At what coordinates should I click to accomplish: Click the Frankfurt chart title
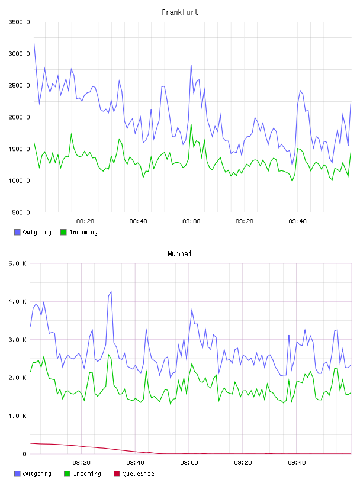(180, 12)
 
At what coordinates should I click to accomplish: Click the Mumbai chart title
(179, 254)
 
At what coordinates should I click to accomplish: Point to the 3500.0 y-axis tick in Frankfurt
(19, 22)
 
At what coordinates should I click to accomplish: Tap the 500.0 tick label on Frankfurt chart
(21, 212)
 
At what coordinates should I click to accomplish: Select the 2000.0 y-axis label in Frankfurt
(19, 117)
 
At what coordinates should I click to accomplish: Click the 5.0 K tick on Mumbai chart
(18, 263)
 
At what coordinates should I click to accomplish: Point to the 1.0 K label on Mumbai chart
(18, 416)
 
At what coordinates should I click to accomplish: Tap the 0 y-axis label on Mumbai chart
(24, 454)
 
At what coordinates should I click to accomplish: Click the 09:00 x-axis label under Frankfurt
(191, 221)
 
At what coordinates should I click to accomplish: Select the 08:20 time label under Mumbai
(81, 463)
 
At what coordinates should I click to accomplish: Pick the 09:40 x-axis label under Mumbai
(297, 463)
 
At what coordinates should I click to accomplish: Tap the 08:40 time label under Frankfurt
(138, 221)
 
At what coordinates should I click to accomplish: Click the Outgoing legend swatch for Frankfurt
(17, 232)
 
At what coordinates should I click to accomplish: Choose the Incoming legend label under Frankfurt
(83, 233)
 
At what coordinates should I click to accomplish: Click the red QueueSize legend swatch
(117, 474)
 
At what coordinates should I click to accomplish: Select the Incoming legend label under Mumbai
(87, 474)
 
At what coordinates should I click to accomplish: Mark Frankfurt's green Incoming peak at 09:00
(191, 125)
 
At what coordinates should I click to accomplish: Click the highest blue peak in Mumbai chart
(111, 291)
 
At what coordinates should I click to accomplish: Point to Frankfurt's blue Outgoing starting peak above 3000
(34, 43)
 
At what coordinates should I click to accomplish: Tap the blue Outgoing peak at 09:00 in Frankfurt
(191, 65)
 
